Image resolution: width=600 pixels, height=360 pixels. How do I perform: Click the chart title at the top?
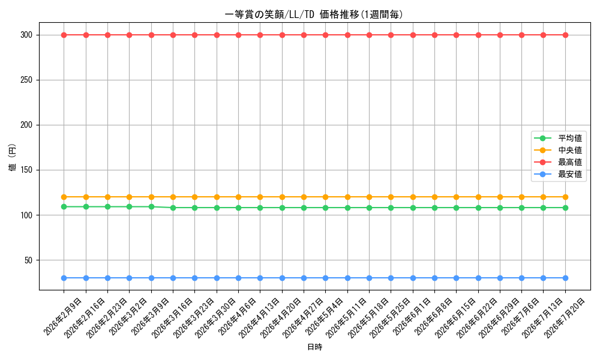click(314, 14)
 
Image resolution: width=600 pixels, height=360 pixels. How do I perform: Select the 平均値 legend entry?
click(558, 138)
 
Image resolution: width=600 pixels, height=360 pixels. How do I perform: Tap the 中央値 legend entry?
click(558, 150)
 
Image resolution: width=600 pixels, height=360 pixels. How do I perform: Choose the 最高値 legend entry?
click(558, 162)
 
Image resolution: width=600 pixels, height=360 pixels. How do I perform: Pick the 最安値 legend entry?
click(558, 175)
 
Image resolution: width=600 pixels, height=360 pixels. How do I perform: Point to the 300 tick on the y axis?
click(26, 35)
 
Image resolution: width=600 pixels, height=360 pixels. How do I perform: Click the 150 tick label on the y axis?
click(26, 170)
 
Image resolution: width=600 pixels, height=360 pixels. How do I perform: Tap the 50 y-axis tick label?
click(28, 260)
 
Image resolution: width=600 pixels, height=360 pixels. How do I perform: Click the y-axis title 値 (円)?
click(13, 158)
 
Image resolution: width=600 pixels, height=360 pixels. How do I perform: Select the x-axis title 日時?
click(314, 347)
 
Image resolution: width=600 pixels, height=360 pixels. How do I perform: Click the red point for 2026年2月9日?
click(64, 35)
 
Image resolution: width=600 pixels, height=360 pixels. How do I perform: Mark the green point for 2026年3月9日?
click(151, 206)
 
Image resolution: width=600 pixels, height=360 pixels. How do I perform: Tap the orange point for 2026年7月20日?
click(565, 197)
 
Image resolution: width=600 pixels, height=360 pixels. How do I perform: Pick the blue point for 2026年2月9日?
click(64, 278)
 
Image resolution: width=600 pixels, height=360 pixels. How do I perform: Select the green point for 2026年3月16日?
click(173, 208)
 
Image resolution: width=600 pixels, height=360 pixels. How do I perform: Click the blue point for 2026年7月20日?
click(565, 278)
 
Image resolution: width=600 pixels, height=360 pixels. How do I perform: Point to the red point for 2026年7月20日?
click(565, 35)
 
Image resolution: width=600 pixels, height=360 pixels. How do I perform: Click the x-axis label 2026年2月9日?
click(62, 317)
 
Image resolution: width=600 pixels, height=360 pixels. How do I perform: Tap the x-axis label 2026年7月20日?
click(564, 318)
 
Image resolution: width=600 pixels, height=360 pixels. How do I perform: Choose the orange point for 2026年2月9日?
click(64, 197)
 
